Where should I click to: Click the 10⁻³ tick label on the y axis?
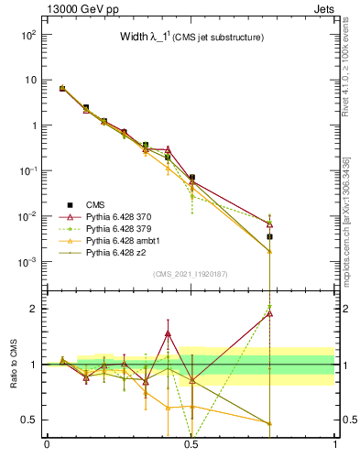[x=27, y=262]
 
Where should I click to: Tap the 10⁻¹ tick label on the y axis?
[x=27, y=171]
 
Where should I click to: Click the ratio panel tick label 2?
[x=33, y=309]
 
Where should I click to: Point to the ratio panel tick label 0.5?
[x=29, y=420]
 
